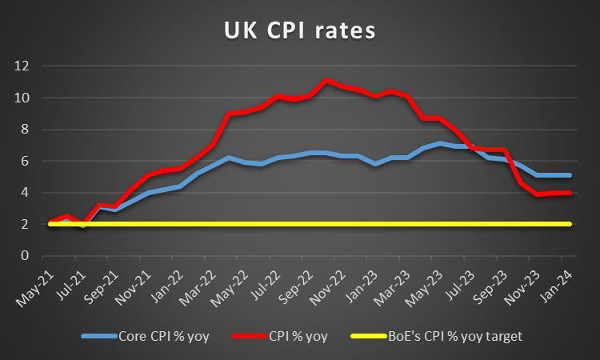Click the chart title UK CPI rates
click(300, 31)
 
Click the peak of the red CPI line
click(326, 80)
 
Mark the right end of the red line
click(570, 193)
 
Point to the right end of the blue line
click(570, 175)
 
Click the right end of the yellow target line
click(570, 224)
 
